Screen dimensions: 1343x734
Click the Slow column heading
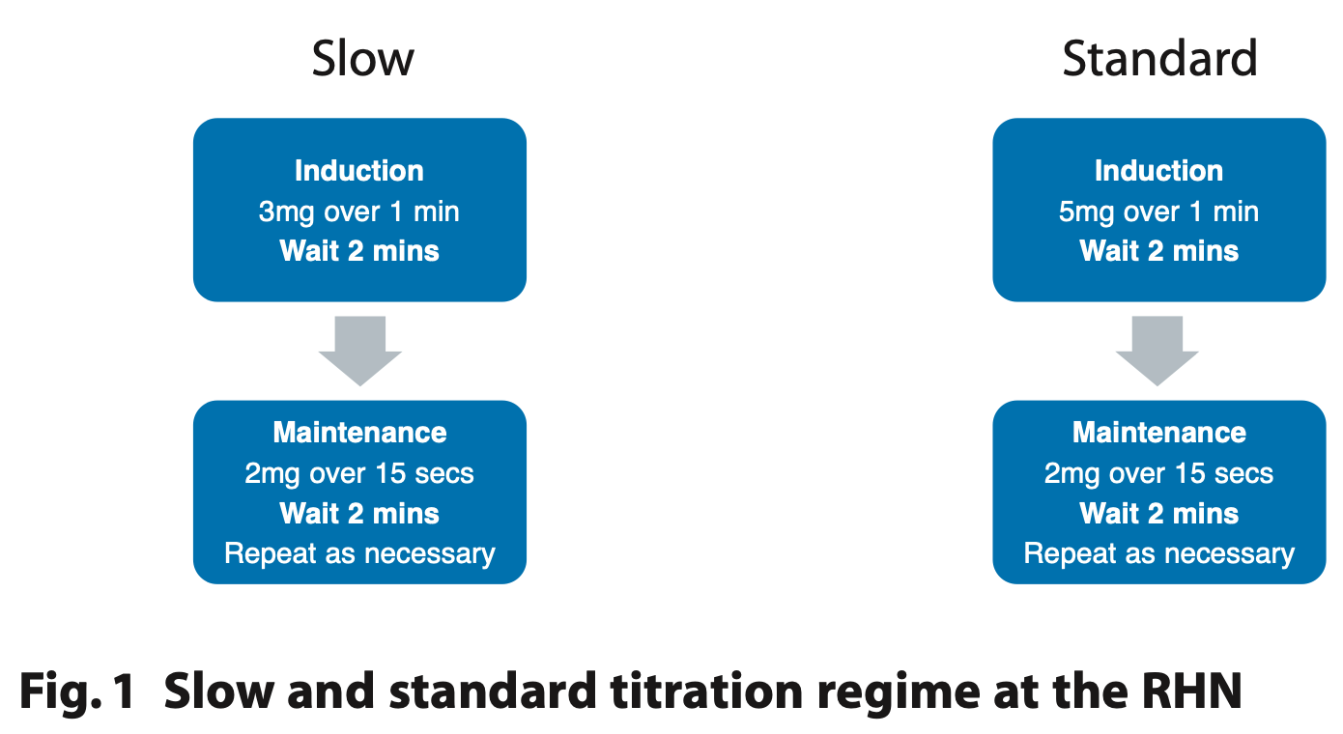click(362, 58)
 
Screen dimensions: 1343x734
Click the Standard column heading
click(1159, 58)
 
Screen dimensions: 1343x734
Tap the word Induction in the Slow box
click(359, 171)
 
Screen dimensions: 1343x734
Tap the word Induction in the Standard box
click(1158, 171)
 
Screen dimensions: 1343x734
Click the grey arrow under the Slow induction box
click(359, 352)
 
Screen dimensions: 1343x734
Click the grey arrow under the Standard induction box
click(1157, 352)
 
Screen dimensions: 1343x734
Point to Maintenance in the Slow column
click(359, 433)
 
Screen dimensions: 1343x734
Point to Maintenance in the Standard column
click(1158, 433)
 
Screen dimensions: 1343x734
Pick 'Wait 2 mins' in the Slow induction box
click(359, 251)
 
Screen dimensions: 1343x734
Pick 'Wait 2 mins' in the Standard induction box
click(1158, 251)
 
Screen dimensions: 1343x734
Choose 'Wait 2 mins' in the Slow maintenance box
click(359, 514)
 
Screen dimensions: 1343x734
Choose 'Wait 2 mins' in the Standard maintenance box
click(1158, 514)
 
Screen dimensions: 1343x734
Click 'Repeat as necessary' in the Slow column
click(359, 554)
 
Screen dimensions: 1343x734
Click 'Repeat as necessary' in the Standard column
click(1158, 554)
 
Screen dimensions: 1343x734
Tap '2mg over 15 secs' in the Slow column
click(359, 474)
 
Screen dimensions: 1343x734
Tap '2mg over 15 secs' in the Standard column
click(1158, 474)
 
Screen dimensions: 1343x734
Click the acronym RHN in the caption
click(1191, 691)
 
